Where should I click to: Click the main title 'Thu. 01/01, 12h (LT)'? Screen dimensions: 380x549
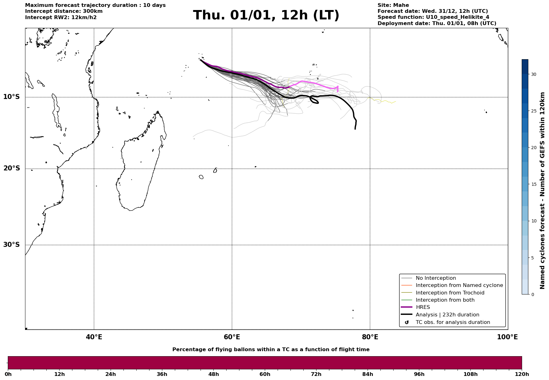coord(266,15)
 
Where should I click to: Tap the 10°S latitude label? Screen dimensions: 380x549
coord(12,97)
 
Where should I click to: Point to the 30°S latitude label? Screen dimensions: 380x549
coord(12,245)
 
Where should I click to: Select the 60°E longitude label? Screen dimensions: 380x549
coord(232,337)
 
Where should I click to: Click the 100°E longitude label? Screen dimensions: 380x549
coord(507,337)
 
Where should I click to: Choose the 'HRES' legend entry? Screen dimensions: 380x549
coord(423,307)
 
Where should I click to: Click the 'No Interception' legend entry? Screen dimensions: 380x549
coord(436,278)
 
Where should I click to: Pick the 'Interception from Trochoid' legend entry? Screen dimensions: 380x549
coord(450,293)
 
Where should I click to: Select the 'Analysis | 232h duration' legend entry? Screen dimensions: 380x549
coord(447,315)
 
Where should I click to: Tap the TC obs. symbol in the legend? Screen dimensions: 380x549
coord(407,322)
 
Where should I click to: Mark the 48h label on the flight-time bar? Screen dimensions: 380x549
coord(213,374)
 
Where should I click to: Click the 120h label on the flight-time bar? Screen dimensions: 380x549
coord(521,374)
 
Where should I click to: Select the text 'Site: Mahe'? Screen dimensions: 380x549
coord(393,5)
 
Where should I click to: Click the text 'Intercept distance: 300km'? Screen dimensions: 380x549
coord(64,11)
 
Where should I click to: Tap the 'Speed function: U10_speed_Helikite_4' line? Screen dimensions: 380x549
coord(433,17)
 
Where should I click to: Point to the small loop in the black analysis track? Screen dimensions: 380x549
coord(314,100)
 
